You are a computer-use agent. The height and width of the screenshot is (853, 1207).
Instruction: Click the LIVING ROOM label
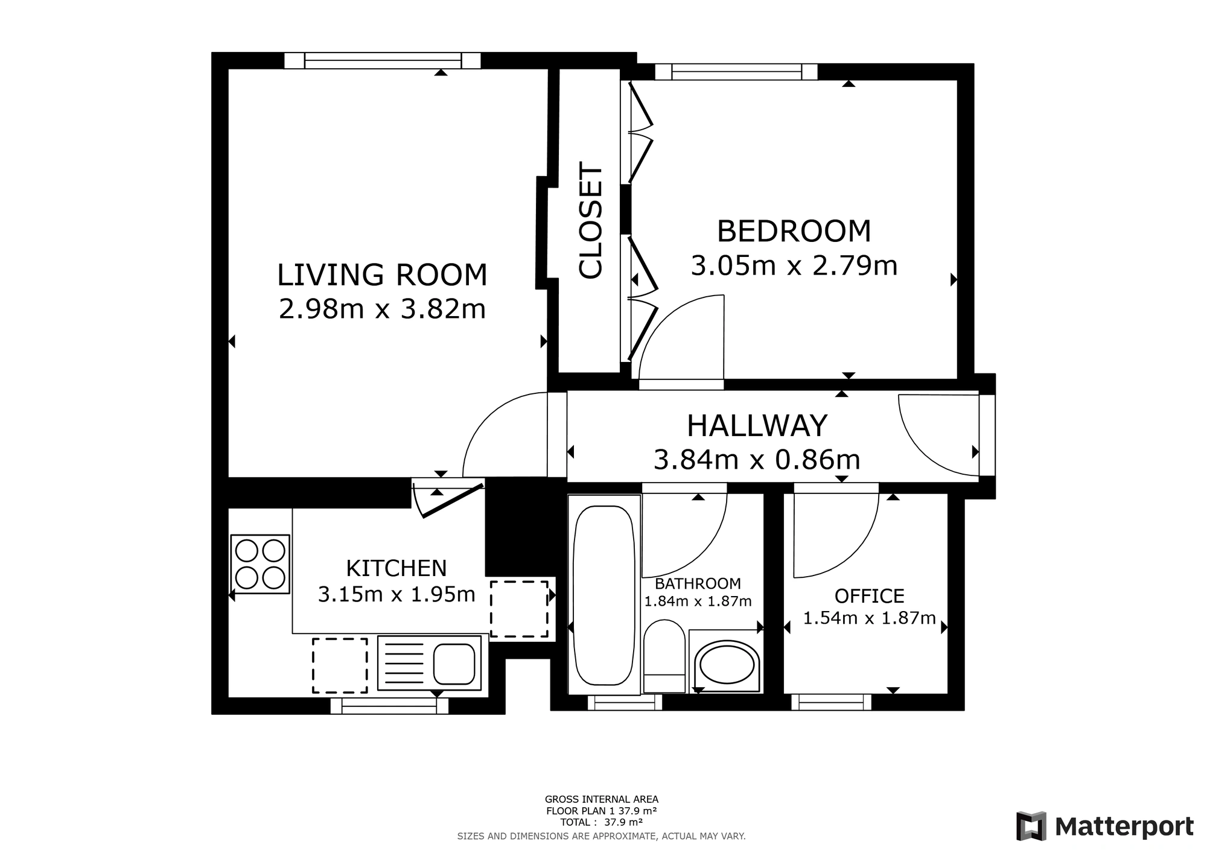(x=382, y=275)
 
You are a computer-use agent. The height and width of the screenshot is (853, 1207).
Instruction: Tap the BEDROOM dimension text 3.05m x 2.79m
(x=794, y=265)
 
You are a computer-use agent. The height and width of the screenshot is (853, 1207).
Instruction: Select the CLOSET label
(x=590, y=221)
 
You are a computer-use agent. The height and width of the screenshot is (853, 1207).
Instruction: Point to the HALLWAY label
(x=757, y=426)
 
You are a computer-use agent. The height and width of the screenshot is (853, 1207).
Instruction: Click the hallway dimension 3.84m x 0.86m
(x=757, y=460)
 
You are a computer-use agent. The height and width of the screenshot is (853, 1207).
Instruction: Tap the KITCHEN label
(x=396, y=568)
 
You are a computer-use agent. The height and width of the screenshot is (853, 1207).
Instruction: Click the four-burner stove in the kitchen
(x=260, y=564)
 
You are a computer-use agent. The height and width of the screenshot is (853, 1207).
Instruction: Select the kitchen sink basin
(x=454, y=664)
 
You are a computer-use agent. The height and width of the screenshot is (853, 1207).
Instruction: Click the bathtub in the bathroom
(x=604, y=595)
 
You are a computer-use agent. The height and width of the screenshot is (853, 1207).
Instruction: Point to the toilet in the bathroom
(x=664, y=656)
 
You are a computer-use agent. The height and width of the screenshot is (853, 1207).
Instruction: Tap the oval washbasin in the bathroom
(x=726, y=667)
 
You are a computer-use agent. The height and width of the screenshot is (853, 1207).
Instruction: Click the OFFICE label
(x=869, y=596)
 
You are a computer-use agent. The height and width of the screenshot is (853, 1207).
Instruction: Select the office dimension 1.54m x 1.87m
(x=869, y=618)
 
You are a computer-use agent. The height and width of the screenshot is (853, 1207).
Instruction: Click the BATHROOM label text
(x=698, y=583)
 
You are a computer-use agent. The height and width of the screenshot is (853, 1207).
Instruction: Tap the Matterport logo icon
(x=1031, y=826)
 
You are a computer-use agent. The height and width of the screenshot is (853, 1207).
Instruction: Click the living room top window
(x=383, y=60)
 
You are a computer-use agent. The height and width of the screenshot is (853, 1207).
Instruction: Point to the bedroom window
(x=736, y=72)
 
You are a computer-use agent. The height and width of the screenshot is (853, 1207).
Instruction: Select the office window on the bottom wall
(x=832, y=702)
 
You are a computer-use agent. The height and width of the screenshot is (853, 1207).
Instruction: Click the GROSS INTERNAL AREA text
(x=602, y=799)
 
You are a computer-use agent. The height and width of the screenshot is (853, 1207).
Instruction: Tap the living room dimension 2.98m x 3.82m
(x=382, y=309)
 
